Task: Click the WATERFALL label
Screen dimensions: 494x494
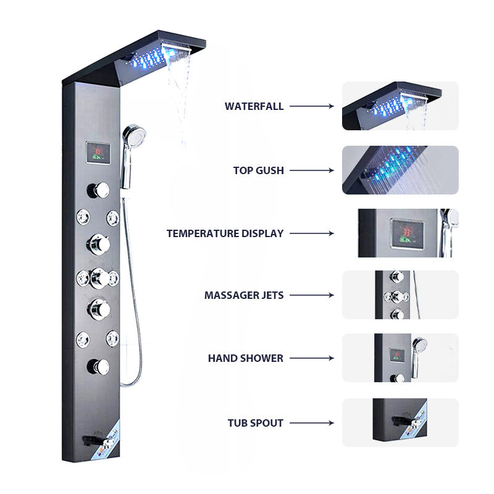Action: (x=254, y=106)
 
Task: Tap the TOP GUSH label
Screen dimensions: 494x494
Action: (x=258, y=170)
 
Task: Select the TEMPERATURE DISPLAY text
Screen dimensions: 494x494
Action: (x=225, y=233)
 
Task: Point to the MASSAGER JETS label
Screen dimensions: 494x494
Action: (x=244, y=295)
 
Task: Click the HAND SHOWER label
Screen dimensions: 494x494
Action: (x=245, y=358)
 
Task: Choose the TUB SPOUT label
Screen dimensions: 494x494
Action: (x=255, y=423)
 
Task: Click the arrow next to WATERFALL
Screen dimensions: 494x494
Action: (x=312, y=106)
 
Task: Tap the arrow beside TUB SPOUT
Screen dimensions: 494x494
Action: (x=312, y=423)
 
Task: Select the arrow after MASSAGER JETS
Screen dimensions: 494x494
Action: (x=312, y=295)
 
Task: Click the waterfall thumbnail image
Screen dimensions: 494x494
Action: (x=400, y=106)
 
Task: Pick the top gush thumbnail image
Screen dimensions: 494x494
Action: (x=400, y=170)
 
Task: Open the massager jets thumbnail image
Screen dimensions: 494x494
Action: (x=400, y=295)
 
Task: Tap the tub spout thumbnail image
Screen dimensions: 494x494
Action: (x=400, y=422)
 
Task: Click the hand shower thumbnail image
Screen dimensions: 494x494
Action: (x=400, y=358)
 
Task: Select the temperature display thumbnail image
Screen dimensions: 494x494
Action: (x=408, y=233)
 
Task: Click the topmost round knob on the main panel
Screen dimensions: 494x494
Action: (x=101, y=188)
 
